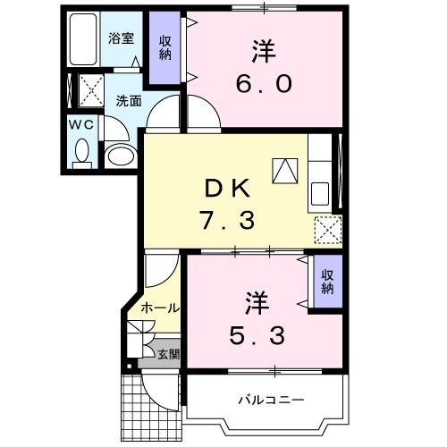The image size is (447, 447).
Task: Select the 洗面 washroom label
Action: pos(129,101)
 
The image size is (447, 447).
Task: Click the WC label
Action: pos(81,125)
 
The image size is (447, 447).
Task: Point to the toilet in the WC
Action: pos(83,152)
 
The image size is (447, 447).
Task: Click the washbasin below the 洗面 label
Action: pos(119,156)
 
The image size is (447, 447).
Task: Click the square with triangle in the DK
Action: pos(284,169)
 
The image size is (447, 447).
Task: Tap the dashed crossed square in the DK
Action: pos(327,230)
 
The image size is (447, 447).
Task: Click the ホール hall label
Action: pos(159,308)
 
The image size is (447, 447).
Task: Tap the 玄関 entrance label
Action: pos(167,353)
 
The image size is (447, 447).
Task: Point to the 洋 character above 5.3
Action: pos(253,299)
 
